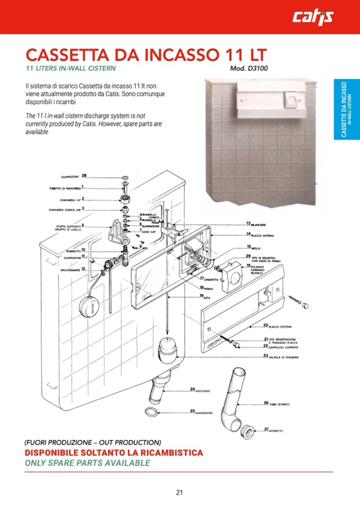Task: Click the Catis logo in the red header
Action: tap(313, 17)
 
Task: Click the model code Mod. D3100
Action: tap(248, 68)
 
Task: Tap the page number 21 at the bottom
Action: tap(179, 491)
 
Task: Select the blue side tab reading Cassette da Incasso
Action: tap(347, 110)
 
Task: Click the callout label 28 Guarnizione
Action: tap(74, 176)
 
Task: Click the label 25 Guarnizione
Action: tap(201, 411)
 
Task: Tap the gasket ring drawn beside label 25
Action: tap(152, 412)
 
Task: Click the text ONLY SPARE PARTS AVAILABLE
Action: tap(88, 463)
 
